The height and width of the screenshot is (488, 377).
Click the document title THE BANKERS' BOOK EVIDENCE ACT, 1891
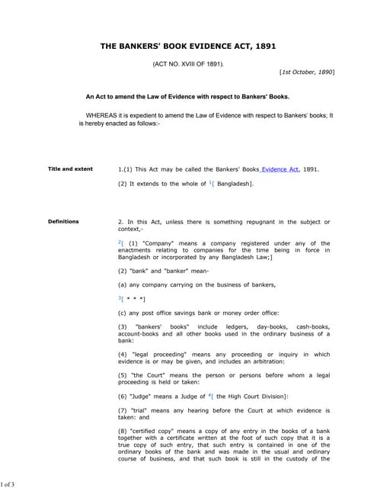point(188,47)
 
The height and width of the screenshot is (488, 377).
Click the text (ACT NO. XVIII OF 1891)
point(188,63)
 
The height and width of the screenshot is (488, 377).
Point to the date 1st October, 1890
point(307,72)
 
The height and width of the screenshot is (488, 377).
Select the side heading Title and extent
point(70,169)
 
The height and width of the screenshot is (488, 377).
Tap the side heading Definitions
point(63,222)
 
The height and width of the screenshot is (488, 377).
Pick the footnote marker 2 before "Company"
point(120,241)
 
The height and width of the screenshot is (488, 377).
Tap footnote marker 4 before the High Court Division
point(210,394)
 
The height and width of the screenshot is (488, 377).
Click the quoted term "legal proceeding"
point(164,355)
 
